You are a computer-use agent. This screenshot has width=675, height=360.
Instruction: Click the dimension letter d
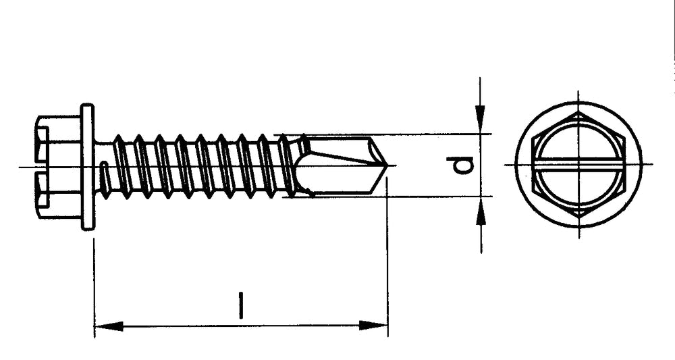[x=464, y=164]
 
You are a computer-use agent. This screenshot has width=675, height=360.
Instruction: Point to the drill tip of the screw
[x=385, y=165]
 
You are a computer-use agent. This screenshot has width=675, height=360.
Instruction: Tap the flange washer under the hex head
[x=87, y=166]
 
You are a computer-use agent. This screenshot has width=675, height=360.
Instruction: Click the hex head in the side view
[x=57, y=166]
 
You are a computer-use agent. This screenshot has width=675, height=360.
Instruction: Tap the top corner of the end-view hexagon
[x=578, y=113]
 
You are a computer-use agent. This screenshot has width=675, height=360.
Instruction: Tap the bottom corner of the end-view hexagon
[x=578, y=215]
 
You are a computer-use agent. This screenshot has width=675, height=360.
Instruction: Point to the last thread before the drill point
[x=286, y=166]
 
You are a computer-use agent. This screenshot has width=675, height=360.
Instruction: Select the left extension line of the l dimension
[x=94, y=284]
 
